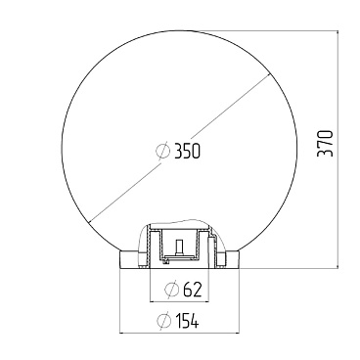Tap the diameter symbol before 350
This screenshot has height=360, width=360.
[163, 151]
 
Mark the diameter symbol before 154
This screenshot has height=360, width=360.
[161, 320]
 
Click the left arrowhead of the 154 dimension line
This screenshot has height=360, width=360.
[121, 332]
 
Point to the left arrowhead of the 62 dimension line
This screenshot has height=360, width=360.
[153, 300]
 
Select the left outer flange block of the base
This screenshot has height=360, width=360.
[127, 258]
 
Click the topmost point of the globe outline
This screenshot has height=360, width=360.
[180, 25]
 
